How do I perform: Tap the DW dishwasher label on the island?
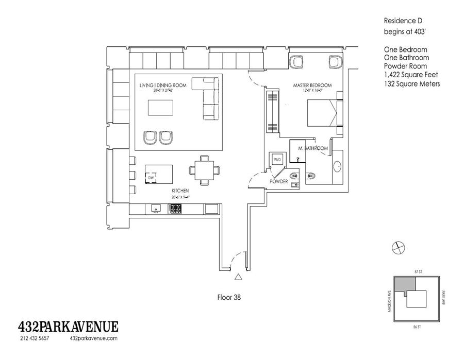[x=151, y=178]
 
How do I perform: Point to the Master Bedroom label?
[x=312, y=85]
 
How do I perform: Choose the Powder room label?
[x=279, y=181]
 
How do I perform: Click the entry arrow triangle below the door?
[x=238, y=277]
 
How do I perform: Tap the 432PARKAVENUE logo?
[x=69, y=326]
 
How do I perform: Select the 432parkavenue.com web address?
[x=93, y=338]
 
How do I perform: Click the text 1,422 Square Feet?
[x=410, y=75]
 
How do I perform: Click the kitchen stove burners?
[x=176, y=209]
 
